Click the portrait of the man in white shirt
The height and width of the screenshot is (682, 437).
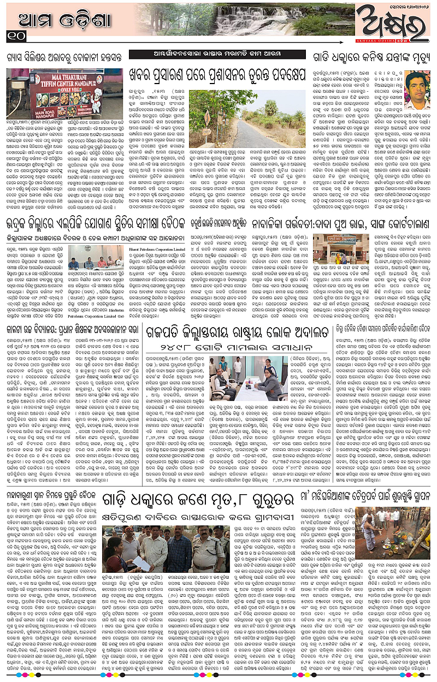tap(417, 91)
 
